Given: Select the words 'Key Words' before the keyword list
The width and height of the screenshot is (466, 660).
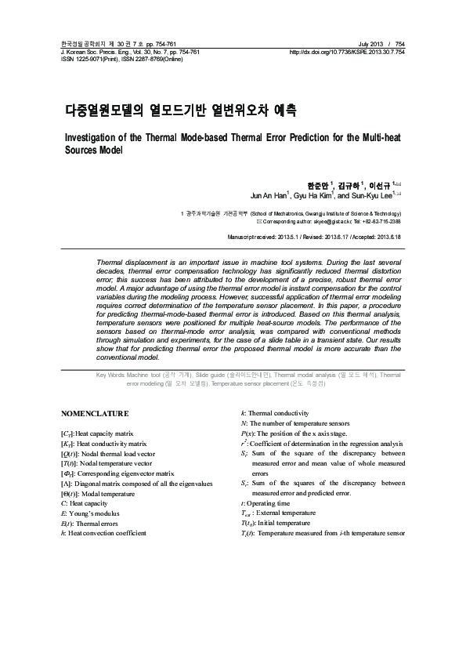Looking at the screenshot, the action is (x=111, y=376).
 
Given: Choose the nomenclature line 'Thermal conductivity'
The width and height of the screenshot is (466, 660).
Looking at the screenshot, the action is (x=278, y=412).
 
